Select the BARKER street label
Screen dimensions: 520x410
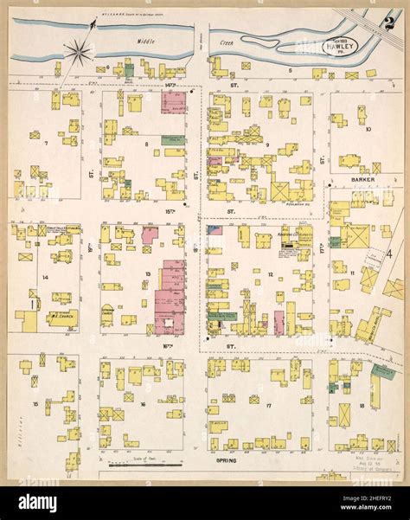click(x=362, y=181)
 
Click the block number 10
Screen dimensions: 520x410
click(x=368, y=130)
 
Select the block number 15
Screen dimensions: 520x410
click(x=35, y=403)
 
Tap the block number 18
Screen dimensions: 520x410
click(x=360, y=404)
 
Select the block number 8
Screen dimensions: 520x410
click(x=147, y=144)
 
